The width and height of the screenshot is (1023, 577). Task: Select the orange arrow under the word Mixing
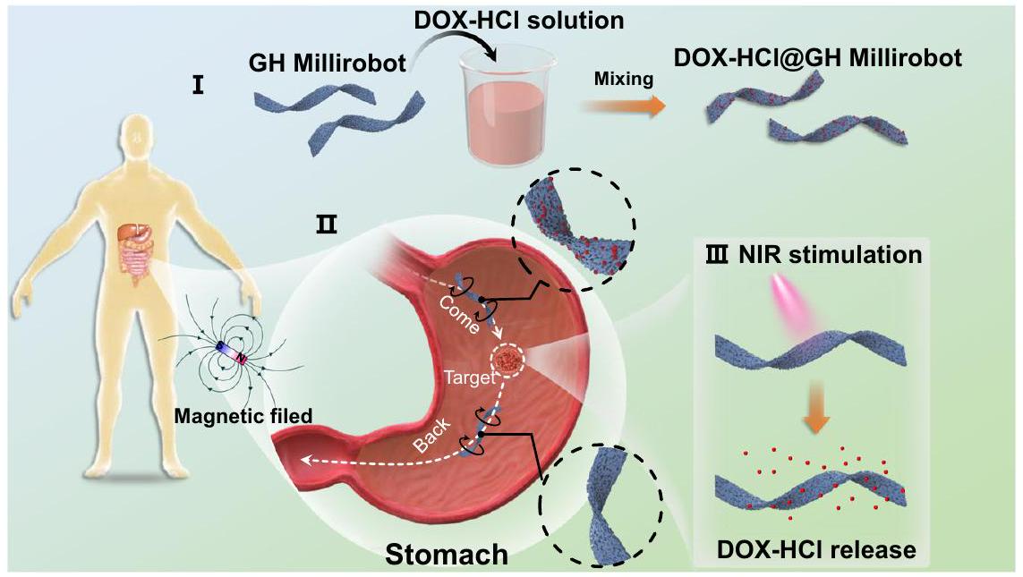[x=621, y=106]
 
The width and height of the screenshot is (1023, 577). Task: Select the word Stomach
[x=446, y=554]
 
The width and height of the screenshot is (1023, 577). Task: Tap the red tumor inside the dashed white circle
[x=509, y=361]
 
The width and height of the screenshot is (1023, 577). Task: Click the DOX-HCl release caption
[x=815, y=548]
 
